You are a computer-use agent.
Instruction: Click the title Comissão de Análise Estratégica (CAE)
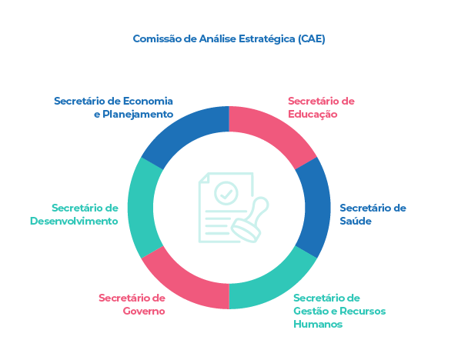[229, 39]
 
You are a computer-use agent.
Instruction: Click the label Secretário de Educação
[321, 108]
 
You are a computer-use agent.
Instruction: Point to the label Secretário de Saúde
[373, 215]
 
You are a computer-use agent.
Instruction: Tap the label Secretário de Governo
[132, 305]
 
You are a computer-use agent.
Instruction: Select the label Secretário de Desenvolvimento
[74, 215]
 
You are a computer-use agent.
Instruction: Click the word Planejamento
[138, 114]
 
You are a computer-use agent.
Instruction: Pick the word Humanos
[318, 324]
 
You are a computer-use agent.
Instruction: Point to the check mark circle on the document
[226, 193]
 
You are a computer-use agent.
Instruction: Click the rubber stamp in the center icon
[250, 219]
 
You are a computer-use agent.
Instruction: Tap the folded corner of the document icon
[203, 178]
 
